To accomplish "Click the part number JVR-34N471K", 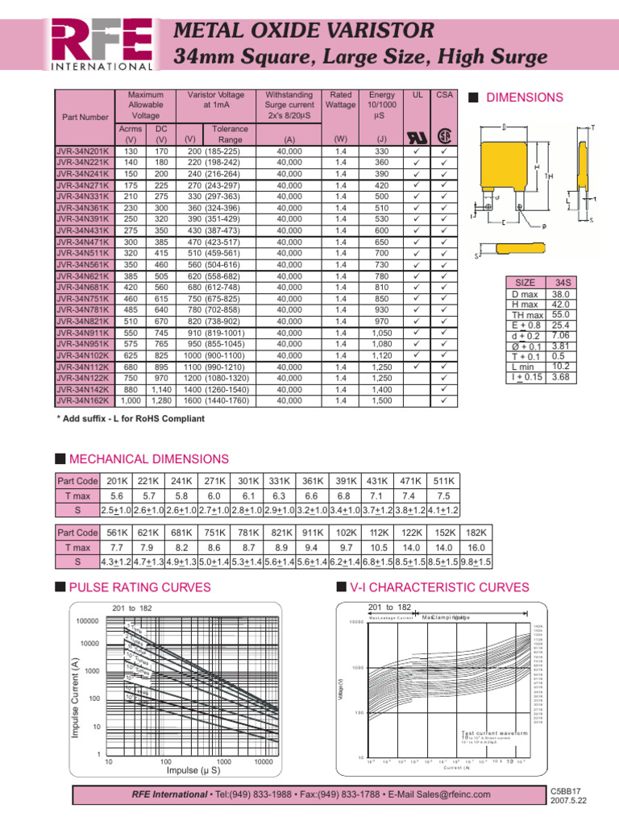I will [83, 241].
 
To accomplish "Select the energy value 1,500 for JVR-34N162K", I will [381, 400].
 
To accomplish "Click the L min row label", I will [525, 365].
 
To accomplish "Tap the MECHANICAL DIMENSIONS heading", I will [149, 458].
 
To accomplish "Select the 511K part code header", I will [442, 482].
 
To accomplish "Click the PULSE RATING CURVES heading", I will [141, 587].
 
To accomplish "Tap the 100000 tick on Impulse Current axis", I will [86, 621].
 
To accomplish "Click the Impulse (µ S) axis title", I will [193, 770].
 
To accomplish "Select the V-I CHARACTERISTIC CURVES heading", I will [428, 587].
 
